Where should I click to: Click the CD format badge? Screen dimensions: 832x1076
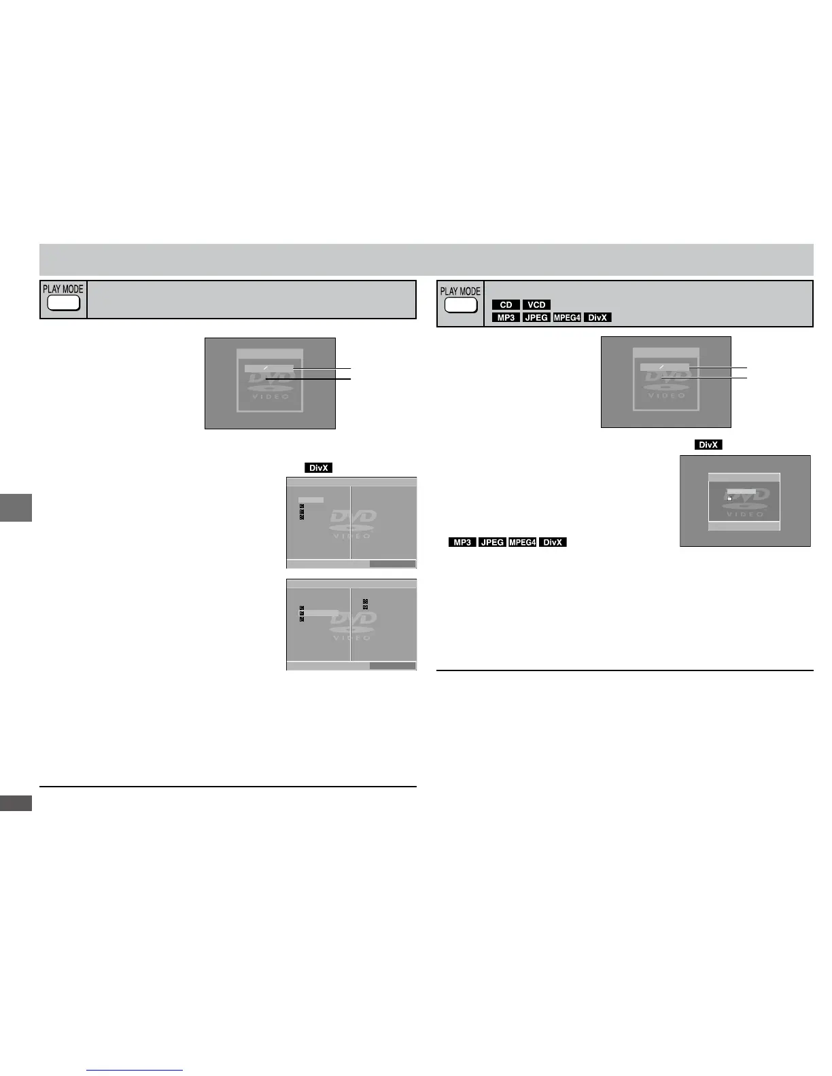[506, 305]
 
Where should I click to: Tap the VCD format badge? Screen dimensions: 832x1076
[536, 305]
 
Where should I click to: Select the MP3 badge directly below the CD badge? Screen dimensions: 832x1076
[506, 317]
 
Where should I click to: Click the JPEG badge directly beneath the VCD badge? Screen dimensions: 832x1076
[536, 317]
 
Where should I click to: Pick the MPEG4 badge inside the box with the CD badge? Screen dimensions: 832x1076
[567, 317]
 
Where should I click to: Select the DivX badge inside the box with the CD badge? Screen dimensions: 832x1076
[597, 317]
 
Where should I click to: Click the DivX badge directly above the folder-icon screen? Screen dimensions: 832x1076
[708, 445]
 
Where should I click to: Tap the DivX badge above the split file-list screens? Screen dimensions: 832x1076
[319, 468]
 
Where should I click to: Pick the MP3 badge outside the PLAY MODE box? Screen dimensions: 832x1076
[462, 542]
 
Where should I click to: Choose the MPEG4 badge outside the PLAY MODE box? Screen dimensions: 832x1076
[522, 542]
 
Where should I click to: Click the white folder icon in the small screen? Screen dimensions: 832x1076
[729, 498]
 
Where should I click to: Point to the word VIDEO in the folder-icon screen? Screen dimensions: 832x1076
[746, 514]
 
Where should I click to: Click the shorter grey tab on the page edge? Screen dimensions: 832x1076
[16, 803]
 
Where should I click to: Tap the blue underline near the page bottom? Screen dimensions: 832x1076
[135, 1071]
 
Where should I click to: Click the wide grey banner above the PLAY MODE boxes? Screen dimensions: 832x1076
[426, 259]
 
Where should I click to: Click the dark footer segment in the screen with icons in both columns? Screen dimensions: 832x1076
[392, 666]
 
